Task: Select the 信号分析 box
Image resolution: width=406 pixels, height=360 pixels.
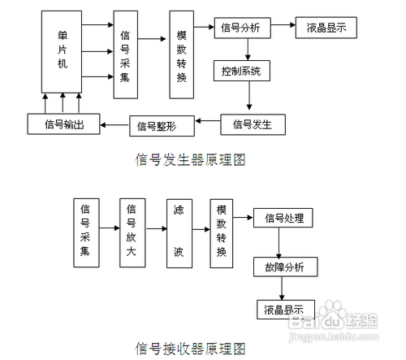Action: [x=241, y=28]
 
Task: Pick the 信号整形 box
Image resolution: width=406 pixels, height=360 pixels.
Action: [x=158, y=125]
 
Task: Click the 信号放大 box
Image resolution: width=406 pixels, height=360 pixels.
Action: [x=131, y=230]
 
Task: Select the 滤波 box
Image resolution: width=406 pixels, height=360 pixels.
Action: [x=179, y=230]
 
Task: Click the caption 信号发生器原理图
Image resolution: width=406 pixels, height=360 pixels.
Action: [x=190, y=160]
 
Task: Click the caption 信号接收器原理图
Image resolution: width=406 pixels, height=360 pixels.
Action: [x=190, y=349]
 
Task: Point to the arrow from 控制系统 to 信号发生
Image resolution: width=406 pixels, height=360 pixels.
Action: [x=251, y=98]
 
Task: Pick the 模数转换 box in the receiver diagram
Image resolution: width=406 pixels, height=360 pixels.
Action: [x=219, y=230]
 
